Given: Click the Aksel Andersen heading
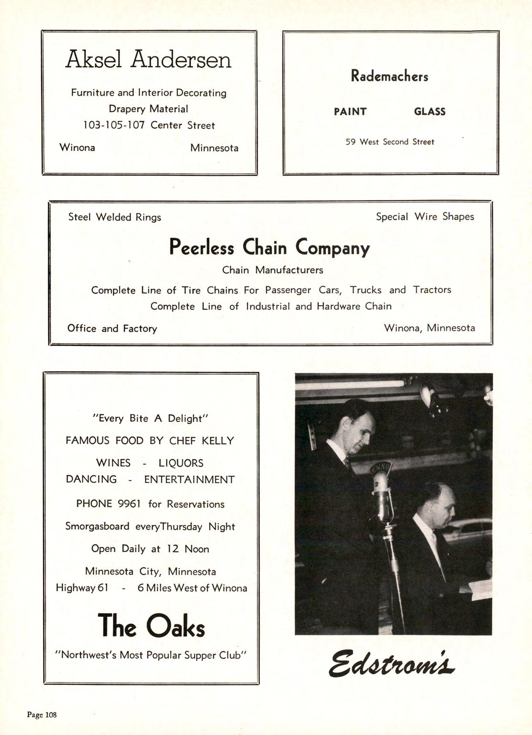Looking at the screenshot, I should pos(148,60).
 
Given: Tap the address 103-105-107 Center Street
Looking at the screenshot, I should pos(149,125).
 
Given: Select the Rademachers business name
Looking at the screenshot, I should pos(389,76).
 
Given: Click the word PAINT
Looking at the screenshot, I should pos(350,112).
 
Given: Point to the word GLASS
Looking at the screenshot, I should pos(430,112).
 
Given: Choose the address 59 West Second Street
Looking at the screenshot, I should pos(390,142).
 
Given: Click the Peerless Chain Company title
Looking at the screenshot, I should pos(269,247).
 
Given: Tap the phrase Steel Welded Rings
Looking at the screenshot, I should pos(115,217).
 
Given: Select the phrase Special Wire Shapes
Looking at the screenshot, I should pos(425,217).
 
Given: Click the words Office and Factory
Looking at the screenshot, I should pos(112,329).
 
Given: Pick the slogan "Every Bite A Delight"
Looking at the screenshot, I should pos(151,419).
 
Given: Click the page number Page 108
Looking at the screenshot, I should pos(42,715).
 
